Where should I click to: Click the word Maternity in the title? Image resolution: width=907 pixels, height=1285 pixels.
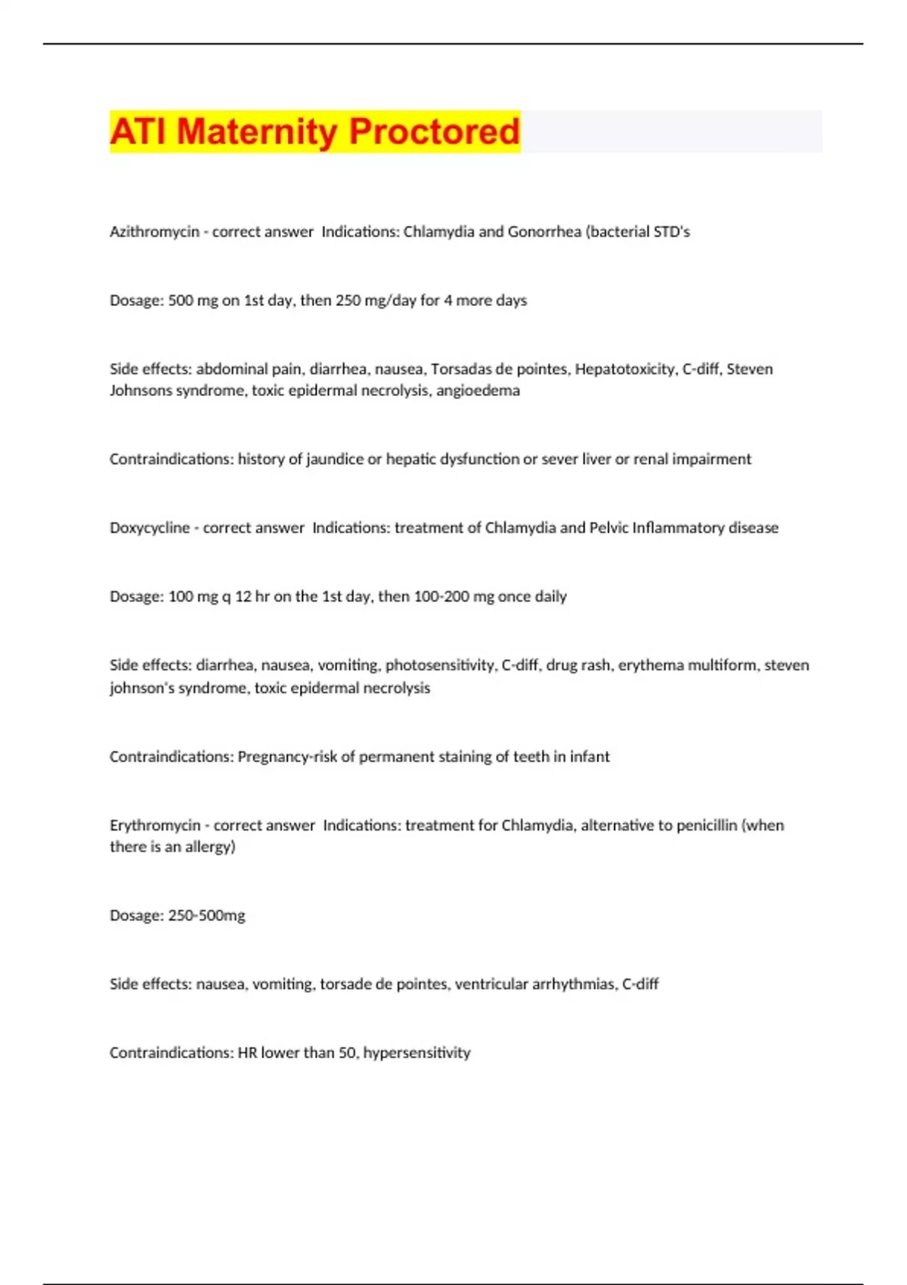point(256,132)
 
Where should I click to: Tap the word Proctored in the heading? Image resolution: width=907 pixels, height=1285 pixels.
point(435,132)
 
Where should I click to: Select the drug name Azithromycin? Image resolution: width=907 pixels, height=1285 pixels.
point(154,232)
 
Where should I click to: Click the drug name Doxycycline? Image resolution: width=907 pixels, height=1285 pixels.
point(150,528)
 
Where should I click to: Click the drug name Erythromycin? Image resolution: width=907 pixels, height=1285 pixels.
point(155,825)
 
